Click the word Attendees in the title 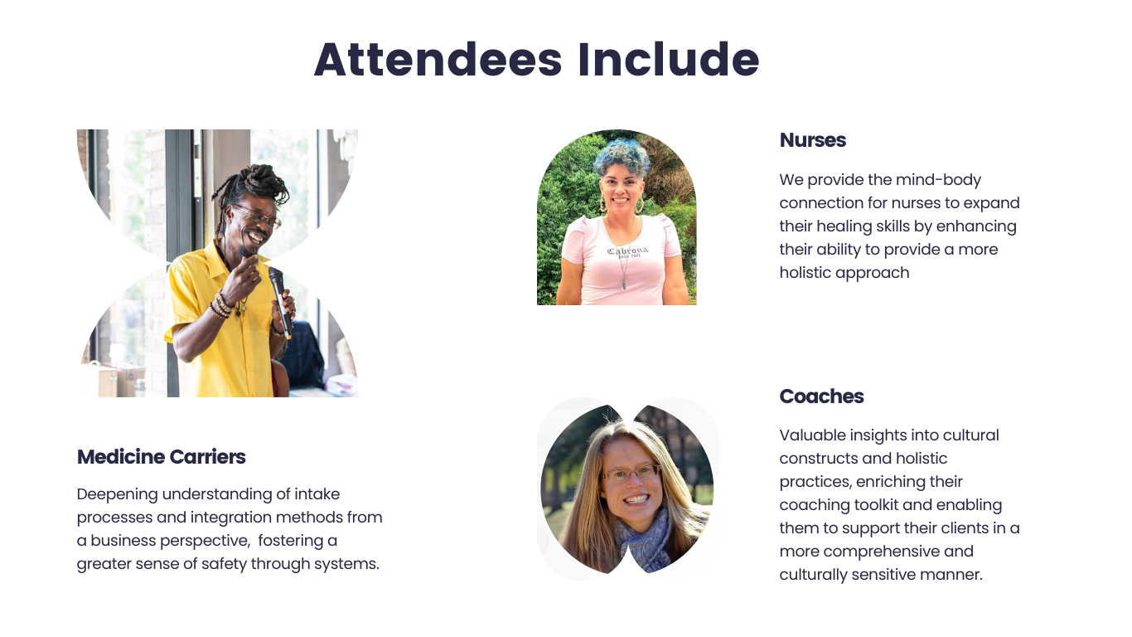click(x=438, y=60)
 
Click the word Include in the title click(x=669, y=60)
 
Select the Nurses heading click(x=813, y=140)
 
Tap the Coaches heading click(x=821, y=396)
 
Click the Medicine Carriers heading click(x=162, y=457)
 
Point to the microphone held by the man click(x=280, y=303)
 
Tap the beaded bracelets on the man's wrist click(x=221, y=304)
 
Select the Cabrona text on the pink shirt click(x=627, y=250)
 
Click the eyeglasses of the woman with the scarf click(x=631, y=473)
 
